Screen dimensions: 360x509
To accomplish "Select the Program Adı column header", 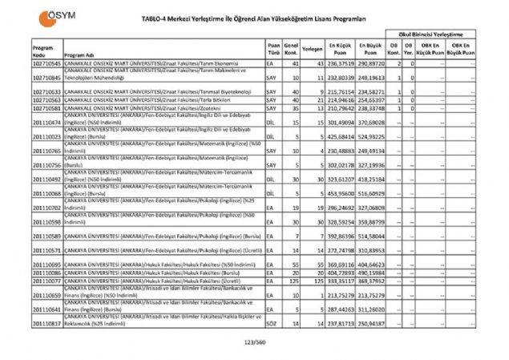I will pyautogui.click(x=80, y=55).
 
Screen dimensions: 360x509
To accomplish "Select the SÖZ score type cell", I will pyautogui.click(x=273, y=323).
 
